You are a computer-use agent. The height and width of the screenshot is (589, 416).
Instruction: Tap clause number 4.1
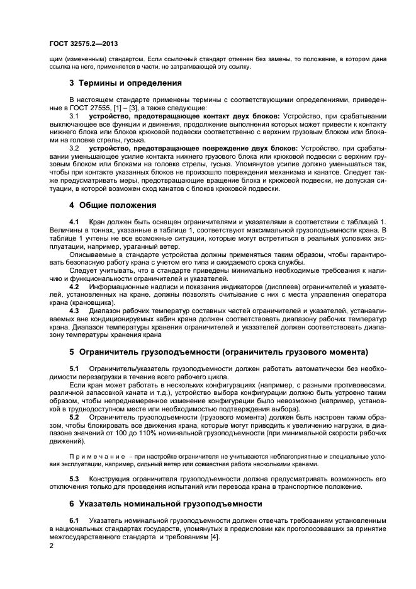(74, 222)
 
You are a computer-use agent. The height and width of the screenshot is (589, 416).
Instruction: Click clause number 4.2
(74, 286)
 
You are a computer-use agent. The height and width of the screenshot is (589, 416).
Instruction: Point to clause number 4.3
(74, 311)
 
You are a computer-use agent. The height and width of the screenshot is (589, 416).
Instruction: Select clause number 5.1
(74, 368)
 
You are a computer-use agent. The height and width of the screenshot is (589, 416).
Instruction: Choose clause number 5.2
(74, 417)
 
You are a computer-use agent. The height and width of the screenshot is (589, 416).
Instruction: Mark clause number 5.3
(74, 477)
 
